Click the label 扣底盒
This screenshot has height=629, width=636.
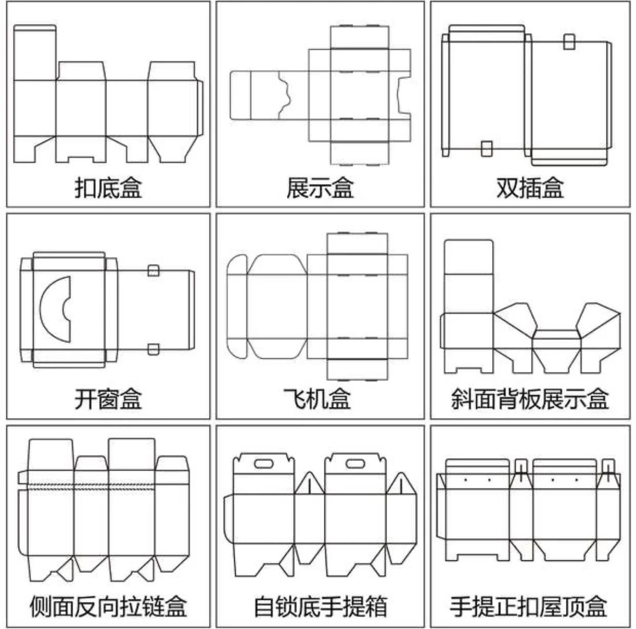coord(108,188)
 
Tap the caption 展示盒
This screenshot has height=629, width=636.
coord(320,188)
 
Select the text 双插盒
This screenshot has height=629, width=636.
coord(530,188)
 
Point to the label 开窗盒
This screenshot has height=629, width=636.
coord(108,399)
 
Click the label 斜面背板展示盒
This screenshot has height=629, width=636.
coord(530,399)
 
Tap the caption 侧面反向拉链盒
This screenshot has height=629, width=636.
coord(108,606)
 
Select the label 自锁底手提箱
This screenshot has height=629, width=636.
coord(320,606)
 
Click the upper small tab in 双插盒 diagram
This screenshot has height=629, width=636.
coord(569,41)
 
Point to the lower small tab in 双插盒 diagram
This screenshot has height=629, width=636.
coord(487,148)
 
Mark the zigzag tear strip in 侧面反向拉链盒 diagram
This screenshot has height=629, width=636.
coord(104,486)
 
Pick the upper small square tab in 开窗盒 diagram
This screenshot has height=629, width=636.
coord(154,270)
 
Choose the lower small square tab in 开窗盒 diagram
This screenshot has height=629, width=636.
coord(154,349)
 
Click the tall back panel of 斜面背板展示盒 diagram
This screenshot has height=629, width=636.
coord(469,276)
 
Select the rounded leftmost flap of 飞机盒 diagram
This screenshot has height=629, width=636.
coord(237,306)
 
